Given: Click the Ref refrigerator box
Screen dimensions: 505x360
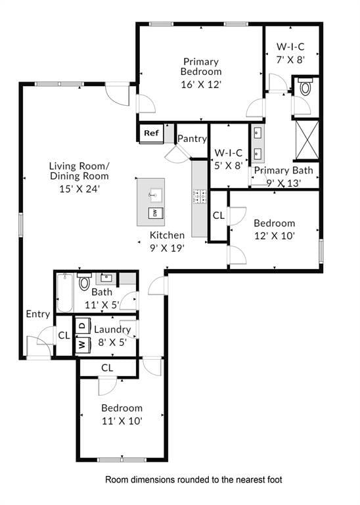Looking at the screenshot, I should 151,133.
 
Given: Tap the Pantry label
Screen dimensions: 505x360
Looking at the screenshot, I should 192,139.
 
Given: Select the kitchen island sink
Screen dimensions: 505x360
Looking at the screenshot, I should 154,194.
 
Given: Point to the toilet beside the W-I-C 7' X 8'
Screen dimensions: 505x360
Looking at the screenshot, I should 305,87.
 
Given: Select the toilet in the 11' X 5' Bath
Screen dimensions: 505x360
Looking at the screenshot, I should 84,283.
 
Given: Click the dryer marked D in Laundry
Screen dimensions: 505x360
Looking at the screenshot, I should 82,325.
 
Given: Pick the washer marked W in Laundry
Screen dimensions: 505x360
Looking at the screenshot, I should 82,344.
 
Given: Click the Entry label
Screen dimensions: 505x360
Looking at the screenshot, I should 37,314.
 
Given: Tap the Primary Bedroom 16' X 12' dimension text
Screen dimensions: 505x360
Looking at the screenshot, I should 202,84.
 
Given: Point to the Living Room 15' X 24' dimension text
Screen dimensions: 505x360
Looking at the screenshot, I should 79,188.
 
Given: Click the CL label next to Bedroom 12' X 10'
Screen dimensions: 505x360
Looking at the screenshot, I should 218,215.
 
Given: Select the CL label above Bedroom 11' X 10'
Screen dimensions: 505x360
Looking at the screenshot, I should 107,367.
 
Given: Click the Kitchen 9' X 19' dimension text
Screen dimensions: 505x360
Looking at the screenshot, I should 167,248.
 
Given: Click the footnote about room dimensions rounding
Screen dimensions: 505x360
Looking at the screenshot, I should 194,480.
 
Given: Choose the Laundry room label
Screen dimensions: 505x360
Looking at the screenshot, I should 112,329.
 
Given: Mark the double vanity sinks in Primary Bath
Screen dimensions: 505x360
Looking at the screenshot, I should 258,144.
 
